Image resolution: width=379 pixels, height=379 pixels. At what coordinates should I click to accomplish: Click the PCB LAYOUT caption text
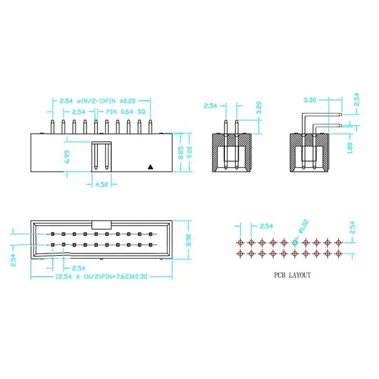point(291,275)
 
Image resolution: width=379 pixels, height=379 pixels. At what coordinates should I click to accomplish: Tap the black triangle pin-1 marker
point(151,167)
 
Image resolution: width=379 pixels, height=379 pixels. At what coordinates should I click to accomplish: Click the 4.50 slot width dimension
point(102,184)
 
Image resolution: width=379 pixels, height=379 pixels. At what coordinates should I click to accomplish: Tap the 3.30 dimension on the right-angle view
point(309,101)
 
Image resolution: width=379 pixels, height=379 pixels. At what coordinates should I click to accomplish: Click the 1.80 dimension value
point(351,146)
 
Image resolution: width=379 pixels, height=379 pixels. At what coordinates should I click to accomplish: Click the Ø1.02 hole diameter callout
point(304,226)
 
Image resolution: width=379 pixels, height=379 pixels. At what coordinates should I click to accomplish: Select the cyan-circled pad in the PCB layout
point(294,242)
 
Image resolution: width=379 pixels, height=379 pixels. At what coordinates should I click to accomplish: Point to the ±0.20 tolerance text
point(137,101)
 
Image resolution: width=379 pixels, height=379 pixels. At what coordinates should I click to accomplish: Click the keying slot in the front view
point(102,156)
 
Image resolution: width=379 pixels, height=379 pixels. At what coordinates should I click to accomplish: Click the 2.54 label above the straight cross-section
point(211,106)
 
